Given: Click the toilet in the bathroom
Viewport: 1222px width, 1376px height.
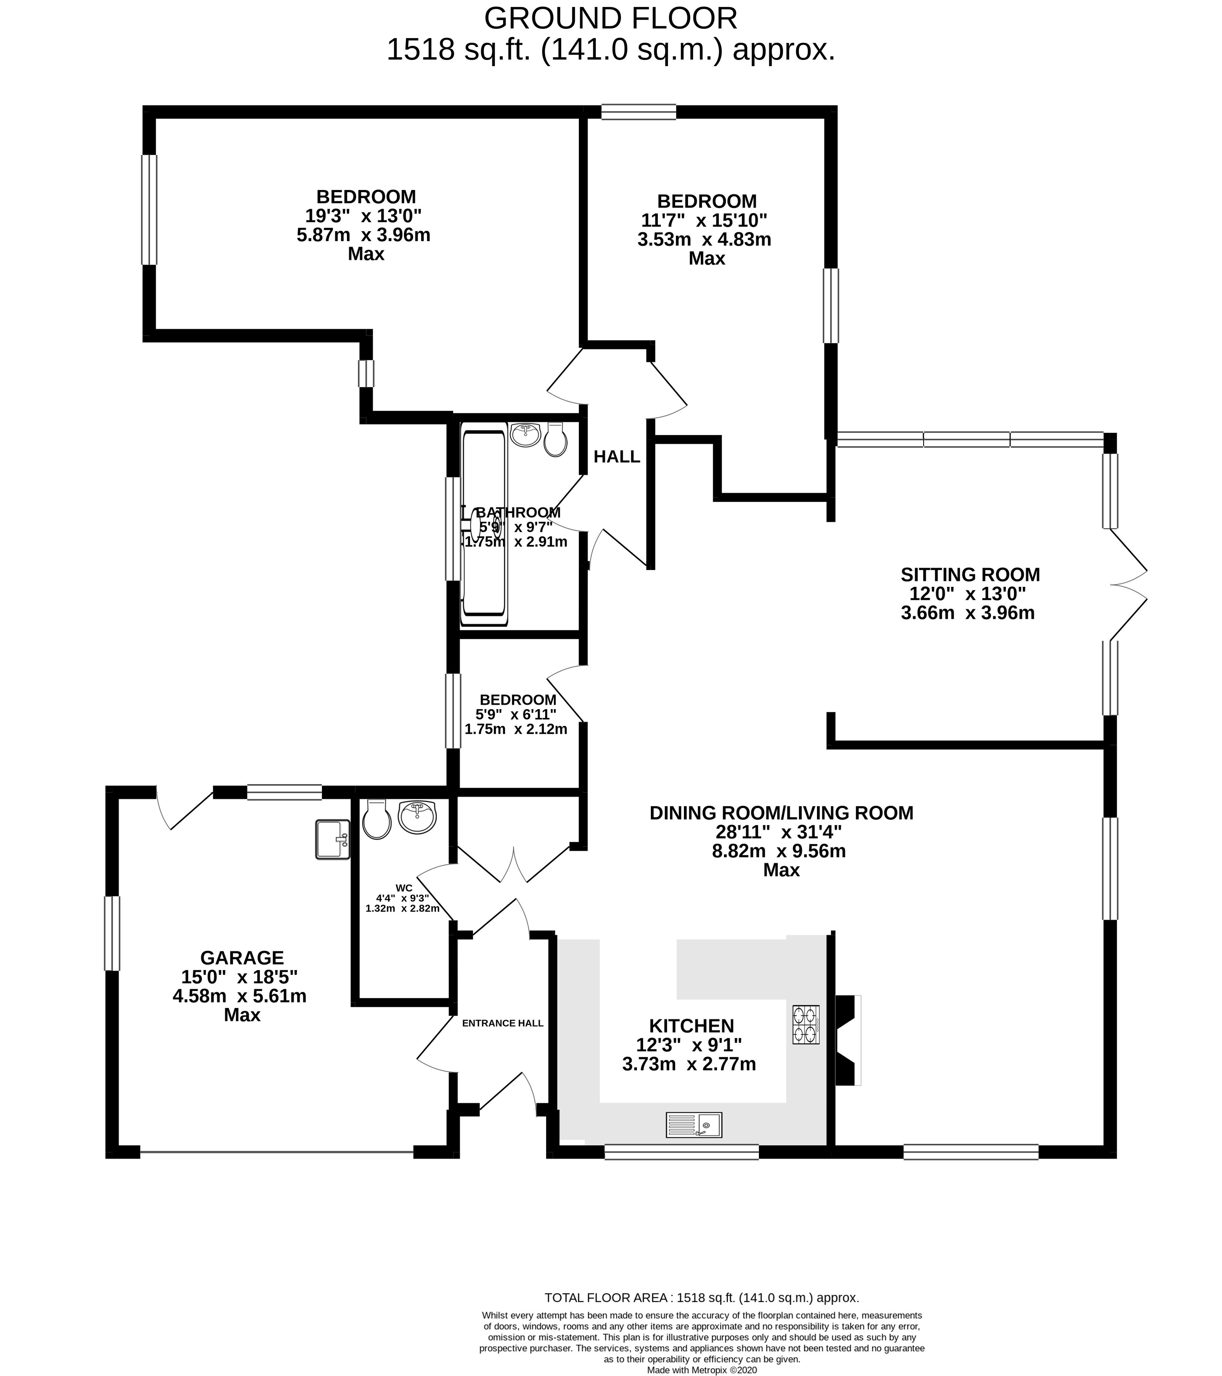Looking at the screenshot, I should point(555,440).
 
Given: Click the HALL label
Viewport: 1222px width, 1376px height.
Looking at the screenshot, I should point(616,457).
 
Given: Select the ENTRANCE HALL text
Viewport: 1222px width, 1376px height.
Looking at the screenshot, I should point(502,1023).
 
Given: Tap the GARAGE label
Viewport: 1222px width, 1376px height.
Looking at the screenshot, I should point(242,957).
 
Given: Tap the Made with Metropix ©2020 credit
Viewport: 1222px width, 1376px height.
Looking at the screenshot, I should point(702,1369).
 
